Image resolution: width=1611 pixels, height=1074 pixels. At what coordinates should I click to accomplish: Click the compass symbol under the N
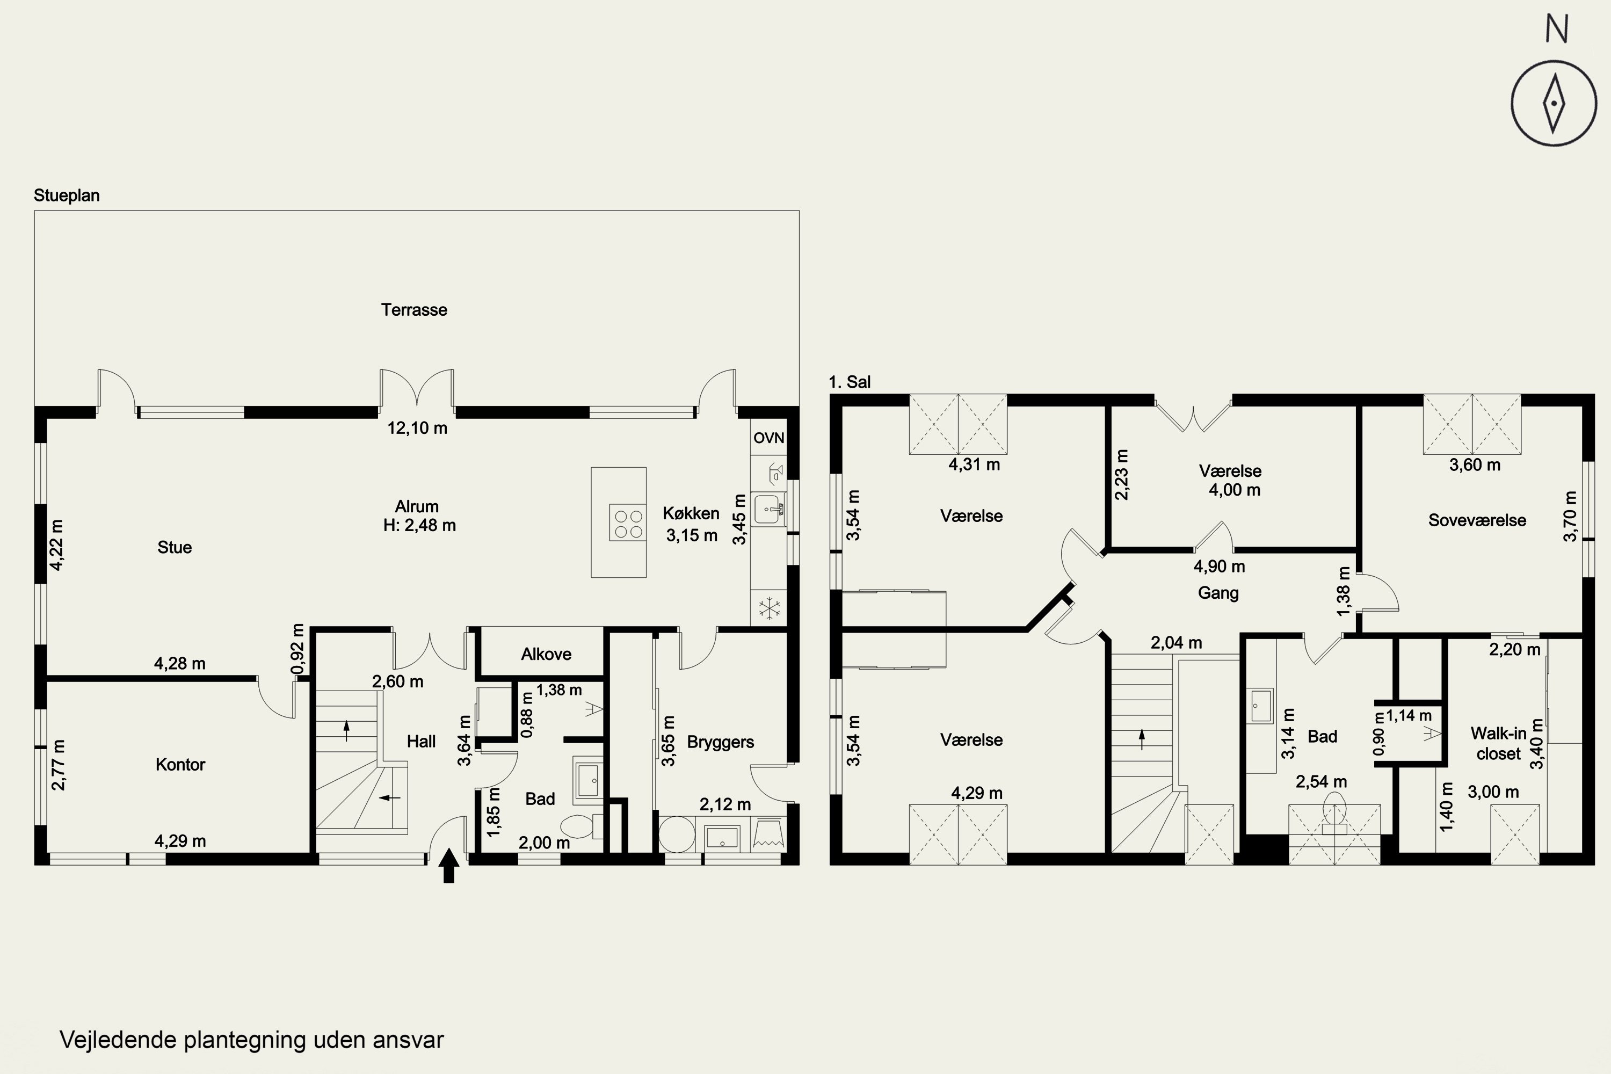click(1554, 104)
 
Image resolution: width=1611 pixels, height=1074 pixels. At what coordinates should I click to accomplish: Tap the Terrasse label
click(415, 310)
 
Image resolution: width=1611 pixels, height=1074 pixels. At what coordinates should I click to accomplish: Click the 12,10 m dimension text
click(417, 428)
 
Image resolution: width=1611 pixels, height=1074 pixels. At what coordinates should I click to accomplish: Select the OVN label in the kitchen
click(768, 438)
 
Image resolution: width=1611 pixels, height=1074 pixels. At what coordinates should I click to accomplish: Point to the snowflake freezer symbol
click(769, 607)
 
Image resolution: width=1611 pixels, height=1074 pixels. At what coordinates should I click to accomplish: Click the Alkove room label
click(546, 654)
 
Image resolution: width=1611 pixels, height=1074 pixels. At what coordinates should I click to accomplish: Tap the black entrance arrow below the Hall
click(448, 865)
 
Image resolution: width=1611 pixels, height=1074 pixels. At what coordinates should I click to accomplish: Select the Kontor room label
click(180, 764)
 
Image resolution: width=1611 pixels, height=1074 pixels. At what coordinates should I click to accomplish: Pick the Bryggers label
click(721, 743)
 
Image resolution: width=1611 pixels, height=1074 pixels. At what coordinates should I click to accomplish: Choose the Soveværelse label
click(1477, 520)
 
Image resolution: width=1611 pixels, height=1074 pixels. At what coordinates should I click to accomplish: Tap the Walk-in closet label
click(1499, 744)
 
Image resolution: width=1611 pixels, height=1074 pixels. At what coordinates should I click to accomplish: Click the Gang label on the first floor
click(1218, 593)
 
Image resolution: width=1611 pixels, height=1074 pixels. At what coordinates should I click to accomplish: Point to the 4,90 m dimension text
click(1219, 567)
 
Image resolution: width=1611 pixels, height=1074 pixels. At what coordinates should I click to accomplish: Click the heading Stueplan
click(67, 196)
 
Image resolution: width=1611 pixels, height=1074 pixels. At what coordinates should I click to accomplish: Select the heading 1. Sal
click(850, 382)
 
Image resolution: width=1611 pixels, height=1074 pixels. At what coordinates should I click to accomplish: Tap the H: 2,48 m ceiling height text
click(419, 525)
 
